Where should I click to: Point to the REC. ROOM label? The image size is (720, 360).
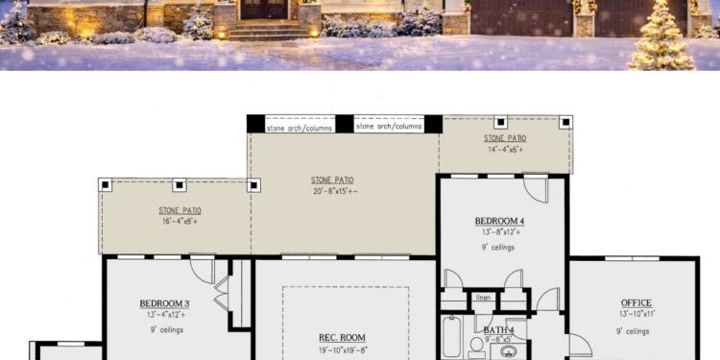[x=342, y=337]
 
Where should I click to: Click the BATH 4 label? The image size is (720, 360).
[x=498, y=329]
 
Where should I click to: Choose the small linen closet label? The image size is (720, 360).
[x=484, y=298]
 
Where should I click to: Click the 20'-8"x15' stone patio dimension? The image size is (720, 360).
[x=332, y=192]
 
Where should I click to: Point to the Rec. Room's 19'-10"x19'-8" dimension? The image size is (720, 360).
[x=342, y=349]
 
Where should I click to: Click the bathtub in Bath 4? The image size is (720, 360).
[x=452, y=342]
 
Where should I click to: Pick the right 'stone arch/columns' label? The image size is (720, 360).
[x=389, y=126]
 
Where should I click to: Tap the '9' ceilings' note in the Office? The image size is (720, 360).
[x=633, y=331]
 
